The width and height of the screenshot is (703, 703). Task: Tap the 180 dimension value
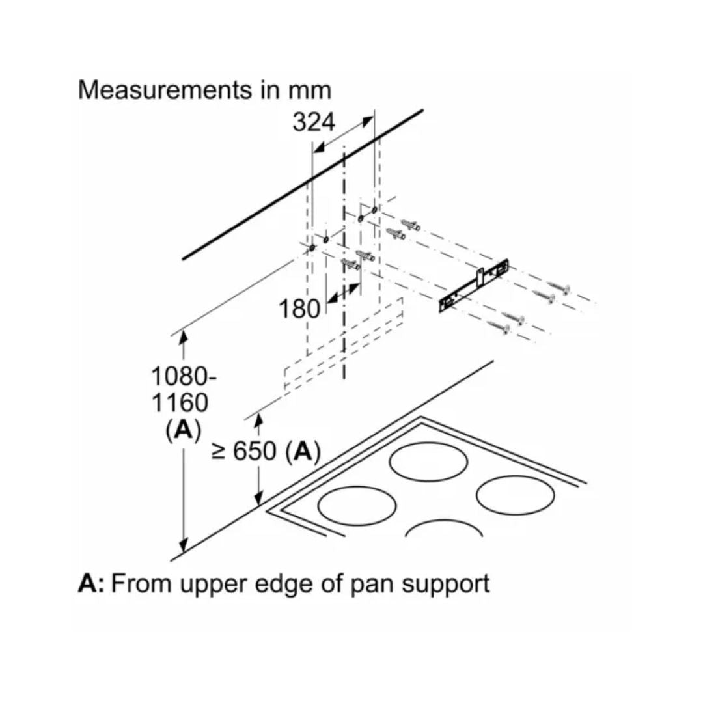click(300, 309)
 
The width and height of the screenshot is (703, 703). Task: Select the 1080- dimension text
click(184, 376)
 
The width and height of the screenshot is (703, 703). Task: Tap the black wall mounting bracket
click(473, 284)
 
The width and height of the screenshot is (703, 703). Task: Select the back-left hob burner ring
click(428, 463)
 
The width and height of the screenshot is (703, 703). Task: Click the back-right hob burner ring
click(510, 495)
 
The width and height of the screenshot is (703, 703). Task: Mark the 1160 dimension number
click(180, 404)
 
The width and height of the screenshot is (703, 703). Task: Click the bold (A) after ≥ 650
click(303, 451)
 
